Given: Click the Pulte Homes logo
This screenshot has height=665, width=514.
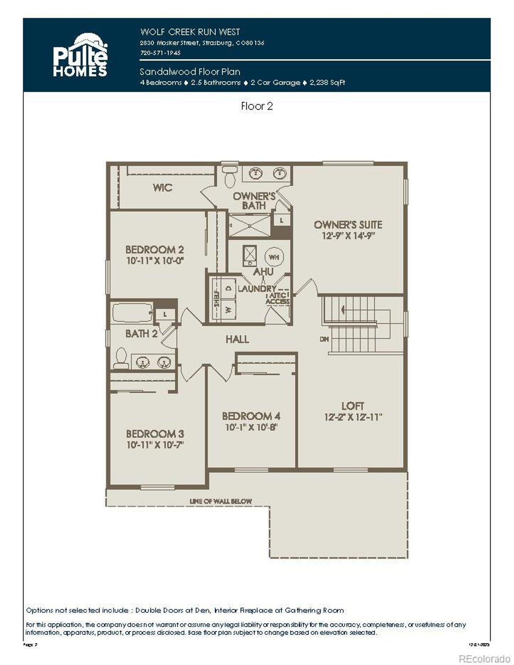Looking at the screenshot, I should click(x=80, y=55).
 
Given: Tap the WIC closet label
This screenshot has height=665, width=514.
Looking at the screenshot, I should click(x=162, y=188).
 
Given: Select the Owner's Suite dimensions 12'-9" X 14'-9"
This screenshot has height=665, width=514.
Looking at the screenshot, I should click(x=348, y=236).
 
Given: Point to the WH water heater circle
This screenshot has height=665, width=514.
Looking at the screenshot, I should click(x=274, y=257).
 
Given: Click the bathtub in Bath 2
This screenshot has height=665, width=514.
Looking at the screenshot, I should click(x=132, y=313).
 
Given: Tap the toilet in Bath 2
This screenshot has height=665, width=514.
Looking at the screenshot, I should click(x=120, y=358).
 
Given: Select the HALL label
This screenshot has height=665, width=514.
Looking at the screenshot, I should click(x=237, y=340).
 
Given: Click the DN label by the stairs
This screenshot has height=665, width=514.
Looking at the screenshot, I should click(x=324, y=339).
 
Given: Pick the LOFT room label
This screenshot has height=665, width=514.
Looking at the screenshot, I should click(x=353, y=406).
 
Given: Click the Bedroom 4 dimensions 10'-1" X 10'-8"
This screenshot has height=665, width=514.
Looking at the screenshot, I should click(x=251, y=428).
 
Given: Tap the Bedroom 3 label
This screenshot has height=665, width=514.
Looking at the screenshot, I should click(x=155, y=434).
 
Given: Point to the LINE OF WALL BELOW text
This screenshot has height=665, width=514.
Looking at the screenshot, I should click(x=220, y=501).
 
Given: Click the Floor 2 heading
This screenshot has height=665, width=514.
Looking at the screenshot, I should click(x=257, y=106).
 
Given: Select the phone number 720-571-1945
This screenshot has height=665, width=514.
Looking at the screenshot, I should click(x=160, y=53).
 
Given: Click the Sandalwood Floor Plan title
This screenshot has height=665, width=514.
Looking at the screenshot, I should click(x=190, y=72).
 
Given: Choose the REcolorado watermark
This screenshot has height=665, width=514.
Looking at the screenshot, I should click(x=484, y=659).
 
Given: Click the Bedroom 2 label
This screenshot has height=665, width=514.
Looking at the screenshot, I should click(x=155, y=250).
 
